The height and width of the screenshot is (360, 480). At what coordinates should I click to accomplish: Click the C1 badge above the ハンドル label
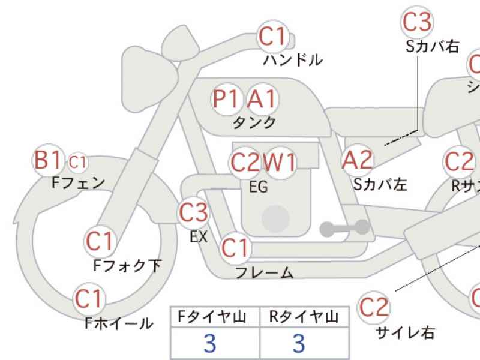(273, 37)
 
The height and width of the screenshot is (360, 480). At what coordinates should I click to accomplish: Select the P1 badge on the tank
(227, 98)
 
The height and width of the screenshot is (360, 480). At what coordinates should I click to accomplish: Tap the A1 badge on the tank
(263, 98)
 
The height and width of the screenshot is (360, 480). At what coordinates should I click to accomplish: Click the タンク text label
(254, 122)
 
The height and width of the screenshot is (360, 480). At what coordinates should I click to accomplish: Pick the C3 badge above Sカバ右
(417, 22)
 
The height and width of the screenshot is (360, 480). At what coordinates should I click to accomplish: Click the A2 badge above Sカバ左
(358, 160)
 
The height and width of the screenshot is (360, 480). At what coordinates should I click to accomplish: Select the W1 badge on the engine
(280, 162)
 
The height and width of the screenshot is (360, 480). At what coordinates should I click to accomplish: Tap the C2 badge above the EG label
(246, 162)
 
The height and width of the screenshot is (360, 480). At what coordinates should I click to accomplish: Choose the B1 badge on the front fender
(48, 161)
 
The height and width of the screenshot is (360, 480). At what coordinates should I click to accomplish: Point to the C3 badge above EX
(194, 212)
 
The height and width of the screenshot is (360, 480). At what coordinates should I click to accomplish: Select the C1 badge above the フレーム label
(235, 248)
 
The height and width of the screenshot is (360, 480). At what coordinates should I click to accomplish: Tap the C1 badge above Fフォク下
(100, 241)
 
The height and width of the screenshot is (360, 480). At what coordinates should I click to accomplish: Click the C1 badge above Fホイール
(89, 298)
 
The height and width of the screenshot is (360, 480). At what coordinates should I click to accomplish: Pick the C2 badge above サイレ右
(374, 307)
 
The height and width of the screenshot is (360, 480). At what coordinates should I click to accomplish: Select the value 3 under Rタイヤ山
(298, 343)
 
